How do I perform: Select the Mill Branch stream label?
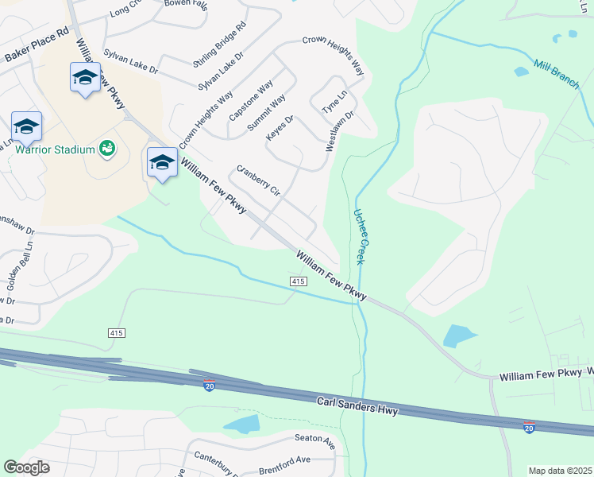tap(556, 75)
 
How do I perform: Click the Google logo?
tap(26, 467)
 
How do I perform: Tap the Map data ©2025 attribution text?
tap(560, 471)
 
